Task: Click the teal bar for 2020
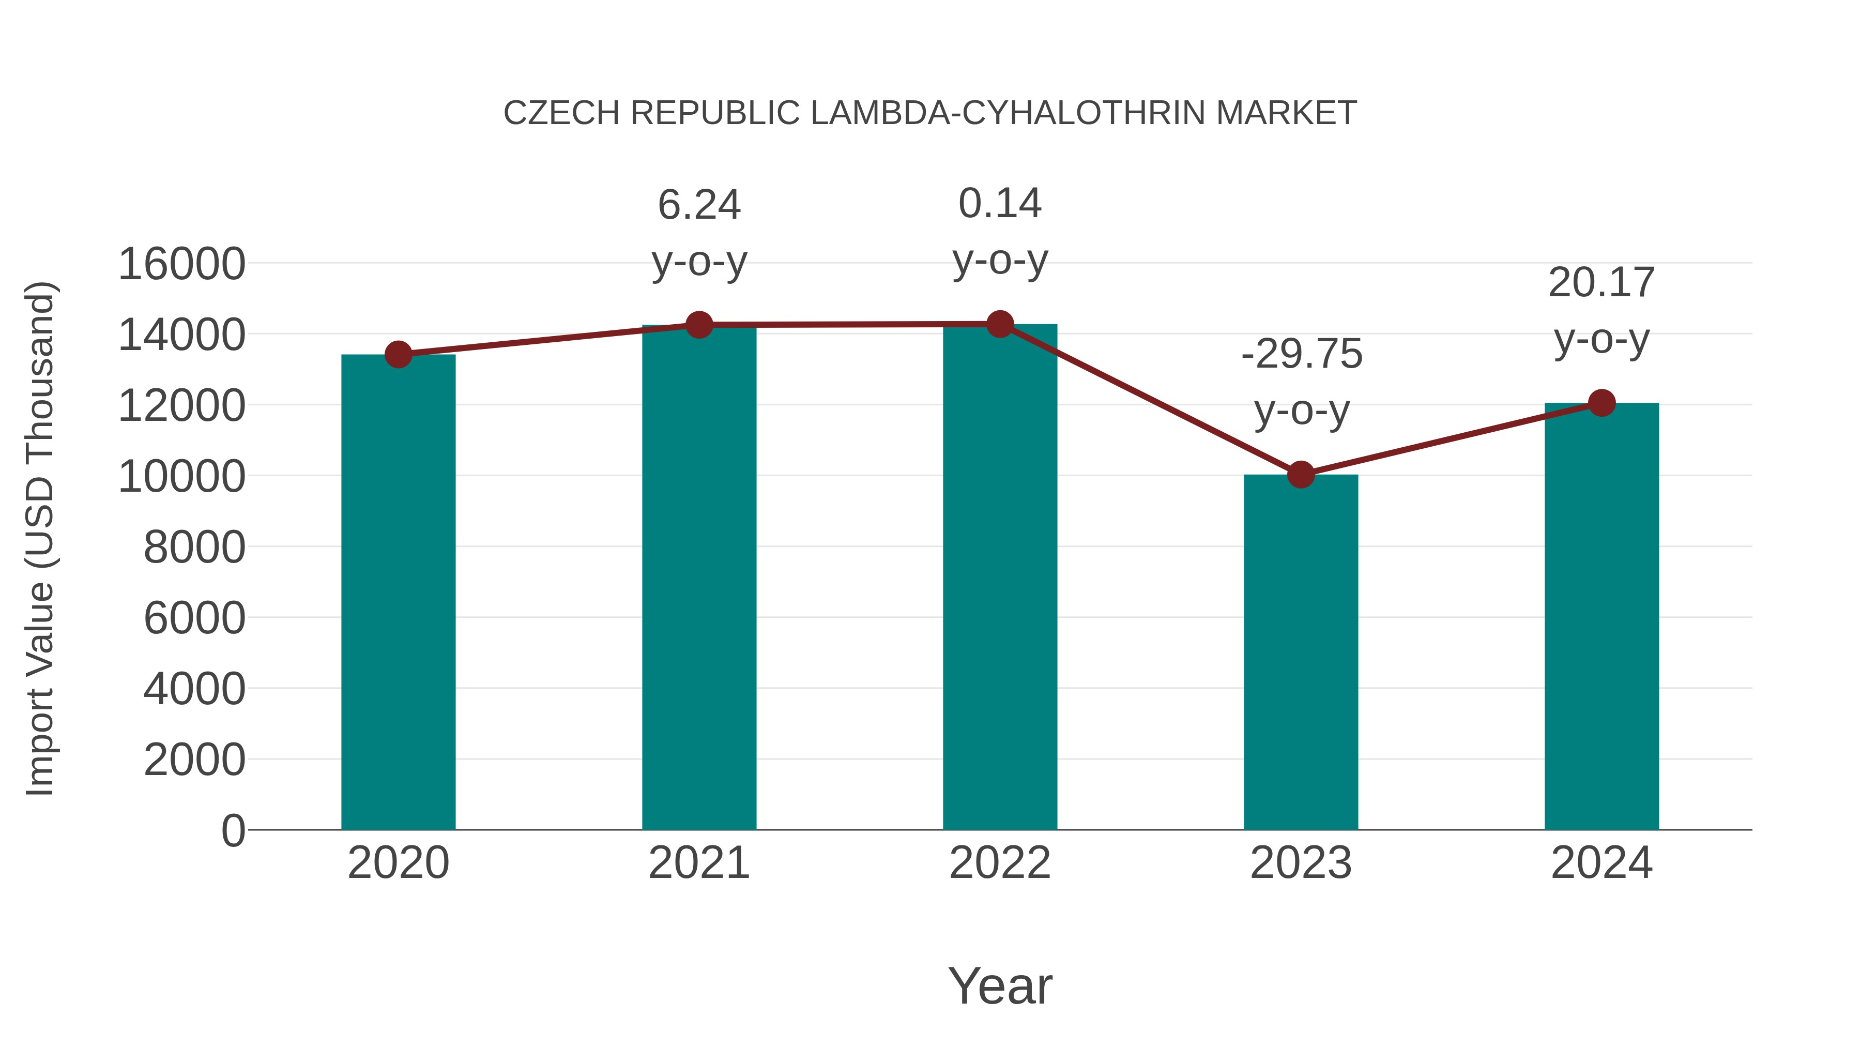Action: click(398, 593)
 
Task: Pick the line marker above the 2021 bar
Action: click(699, 325)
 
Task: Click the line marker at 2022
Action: click(1000, 324)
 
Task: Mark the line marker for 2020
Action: click(398, 355)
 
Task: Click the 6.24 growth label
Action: click(699, 205)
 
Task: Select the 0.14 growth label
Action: click(1000, 204)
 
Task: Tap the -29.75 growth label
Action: click(1301, 355)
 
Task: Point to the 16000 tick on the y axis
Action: click(181, 264)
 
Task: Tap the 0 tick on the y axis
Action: click(233, 830)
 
